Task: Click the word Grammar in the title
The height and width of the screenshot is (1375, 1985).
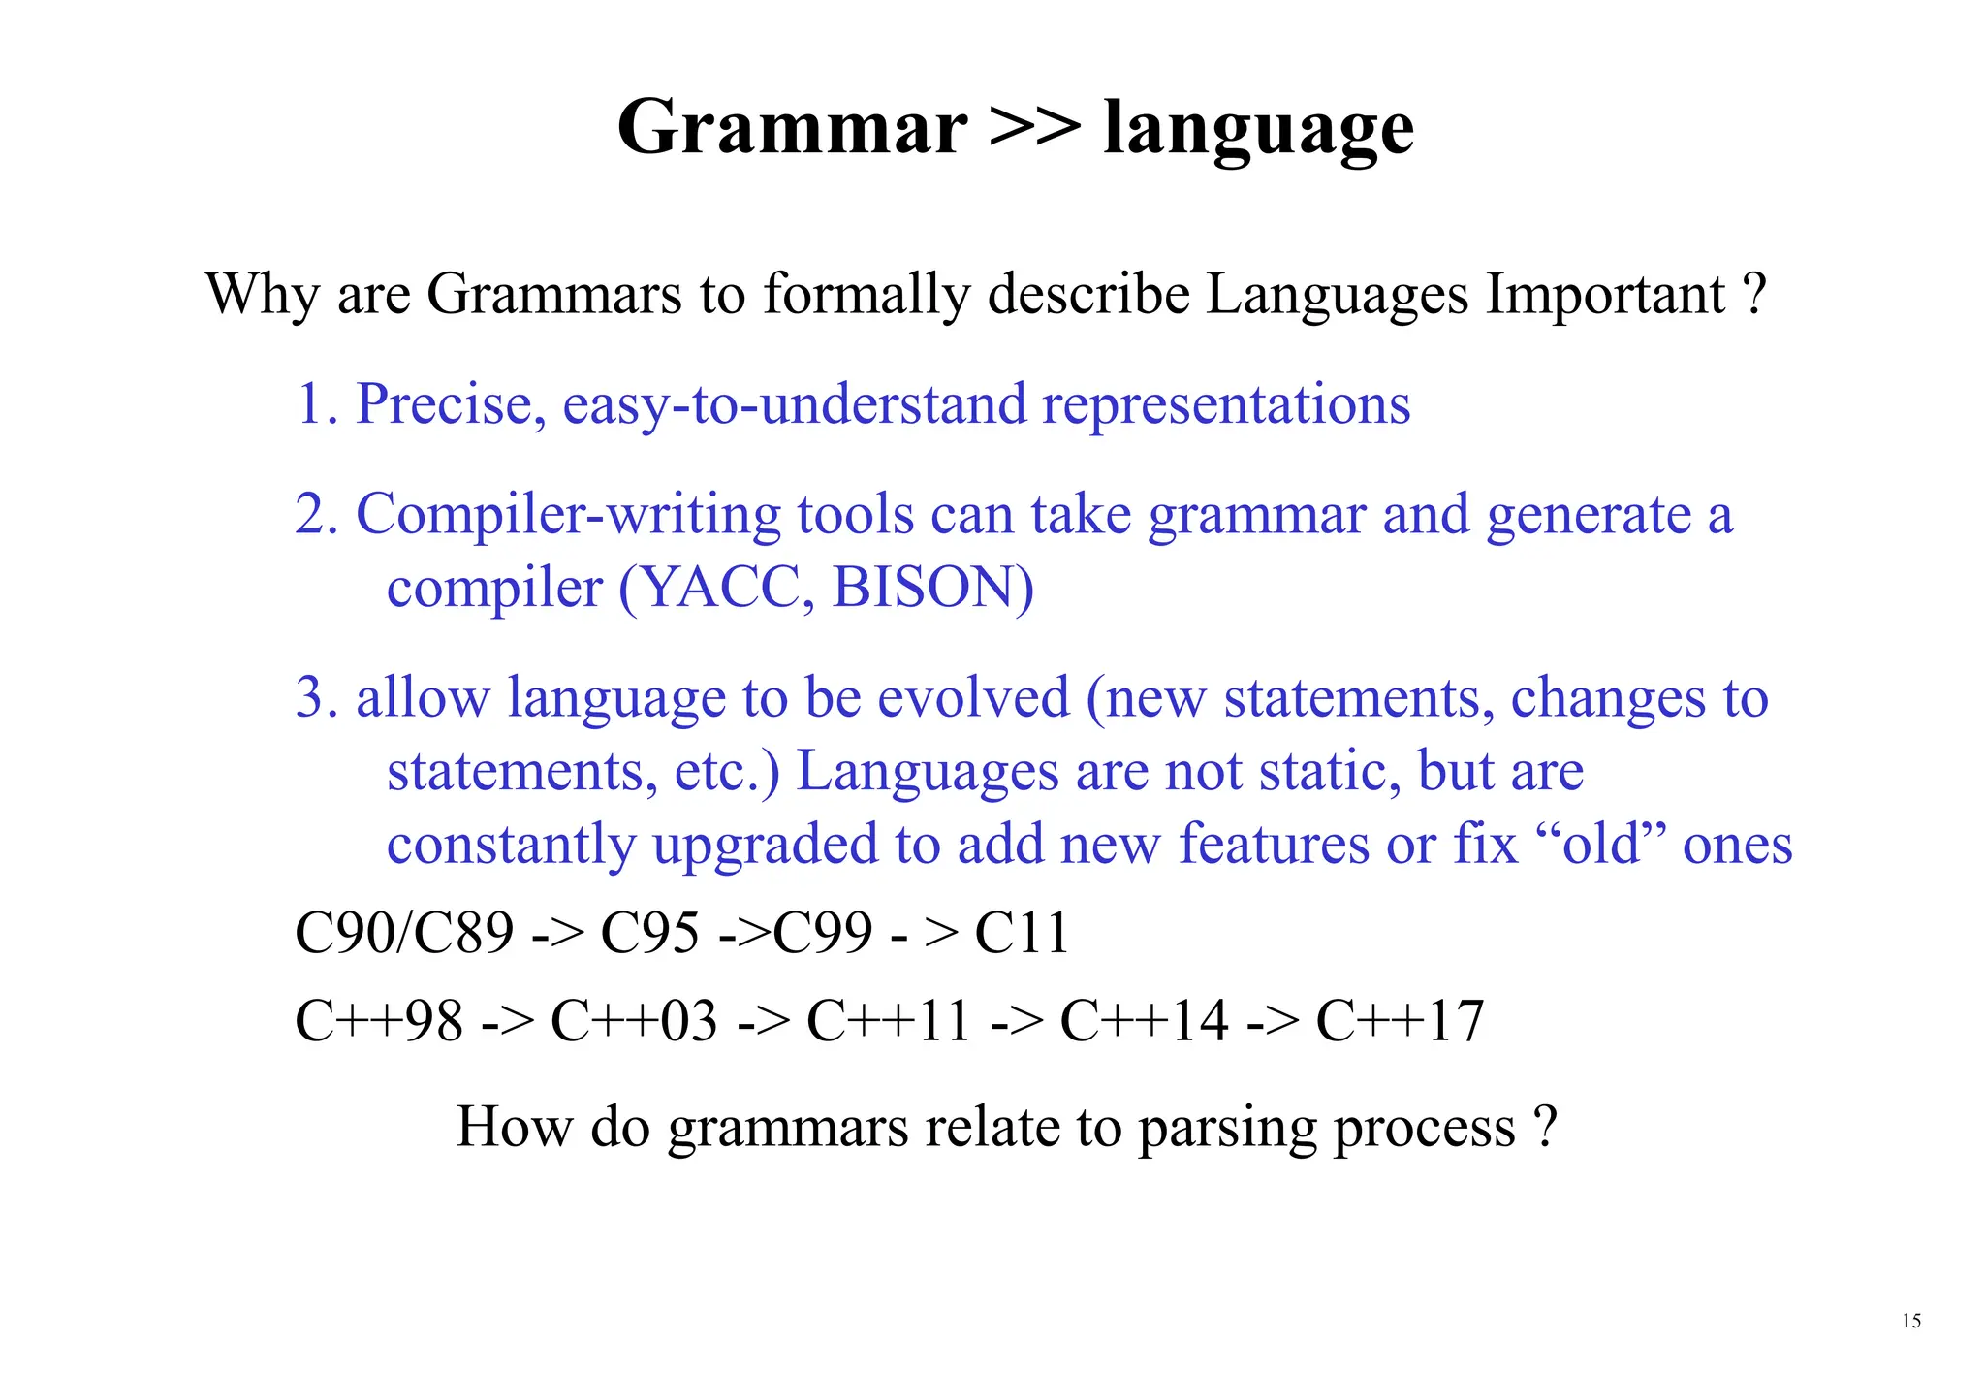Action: pos(792,128)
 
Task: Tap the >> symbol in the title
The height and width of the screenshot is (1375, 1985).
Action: pos(1035,128)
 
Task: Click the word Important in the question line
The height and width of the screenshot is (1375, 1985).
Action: pos(1606,294)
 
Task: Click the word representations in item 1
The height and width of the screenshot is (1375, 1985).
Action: pos(1226,406)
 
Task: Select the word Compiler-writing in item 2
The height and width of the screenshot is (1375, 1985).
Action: pos(568,516)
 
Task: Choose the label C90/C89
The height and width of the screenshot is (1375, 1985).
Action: pos(404,933)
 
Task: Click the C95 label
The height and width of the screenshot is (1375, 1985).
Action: pos(649,933)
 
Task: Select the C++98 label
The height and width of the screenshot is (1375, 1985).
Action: pos(379,1021)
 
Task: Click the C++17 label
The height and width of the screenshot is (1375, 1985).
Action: pos(1400,1021)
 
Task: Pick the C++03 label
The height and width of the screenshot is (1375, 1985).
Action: pos(634,1021)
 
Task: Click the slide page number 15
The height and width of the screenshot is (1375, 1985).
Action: pos(1911,1321)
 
